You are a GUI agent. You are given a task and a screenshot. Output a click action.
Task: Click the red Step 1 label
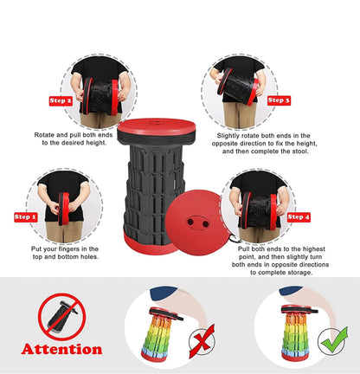26,217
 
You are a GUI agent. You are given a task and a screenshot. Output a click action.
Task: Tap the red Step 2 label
61,100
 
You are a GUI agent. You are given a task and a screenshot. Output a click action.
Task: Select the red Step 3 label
279,100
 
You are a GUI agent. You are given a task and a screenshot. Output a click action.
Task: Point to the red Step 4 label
299,217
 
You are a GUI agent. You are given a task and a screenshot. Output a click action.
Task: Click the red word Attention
61,349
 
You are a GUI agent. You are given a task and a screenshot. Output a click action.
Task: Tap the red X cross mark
202,341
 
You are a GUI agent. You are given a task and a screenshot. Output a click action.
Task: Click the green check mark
335,340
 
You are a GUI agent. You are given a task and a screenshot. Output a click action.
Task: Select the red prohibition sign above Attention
61,317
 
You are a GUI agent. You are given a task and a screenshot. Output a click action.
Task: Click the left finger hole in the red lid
190,222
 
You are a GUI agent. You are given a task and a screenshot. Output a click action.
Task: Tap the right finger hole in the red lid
205,224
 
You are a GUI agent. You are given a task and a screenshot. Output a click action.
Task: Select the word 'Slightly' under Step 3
228,136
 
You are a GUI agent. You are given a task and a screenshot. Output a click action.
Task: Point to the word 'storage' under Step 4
299,273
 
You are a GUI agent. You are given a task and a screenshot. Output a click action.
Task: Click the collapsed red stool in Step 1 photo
64,209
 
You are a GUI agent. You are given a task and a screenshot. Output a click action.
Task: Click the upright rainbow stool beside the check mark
296,332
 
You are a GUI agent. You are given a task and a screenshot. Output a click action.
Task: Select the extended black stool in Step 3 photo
238,87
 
